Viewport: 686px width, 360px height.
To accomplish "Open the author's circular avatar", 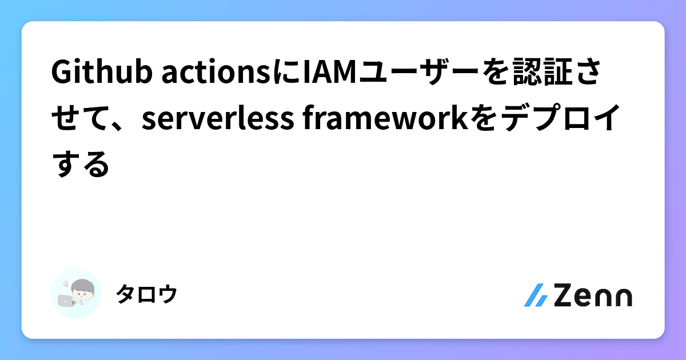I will pyautogui.click(x=75, y=293).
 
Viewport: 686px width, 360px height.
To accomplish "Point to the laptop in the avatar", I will pyautogui.click(x=66, y=299).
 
